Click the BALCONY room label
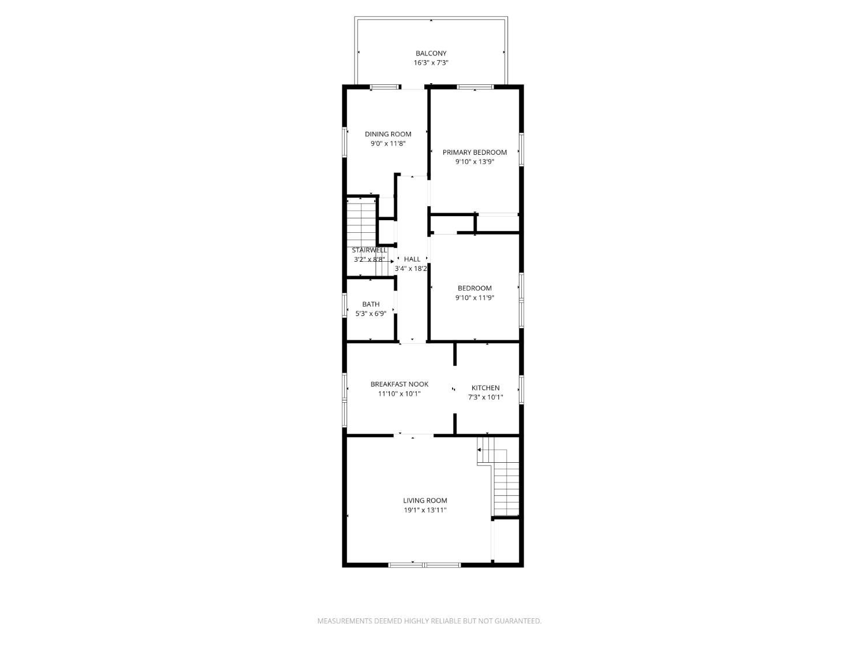[x=431, y=53]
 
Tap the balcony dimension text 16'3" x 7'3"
[x=431, y=63]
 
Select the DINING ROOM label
[x=388, y=134]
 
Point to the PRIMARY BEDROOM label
[x=475, y=153]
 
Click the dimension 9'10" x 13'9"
[x=475, y=162]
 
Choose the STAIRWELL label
[x=369, y=250]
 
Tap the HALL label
[x=412, y=259]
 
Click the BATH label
[x=371, y=304]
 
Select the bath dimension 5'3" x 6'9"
[x=371, y=314]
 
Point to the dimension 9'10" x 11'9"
[x=475, y=298]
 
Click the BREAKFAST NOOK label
[x=400, y=384]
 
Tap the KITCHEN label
[x=486, y=388]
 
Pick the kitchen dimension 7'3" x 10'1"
[x=486, y=398]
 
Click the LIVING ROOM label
[x=425, y=500]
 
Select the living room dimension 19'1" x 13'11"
[x=425, y=510]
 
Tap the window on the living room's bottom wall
[x=424, y=564]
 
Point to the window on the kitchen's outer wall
[x=521, y=389]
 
